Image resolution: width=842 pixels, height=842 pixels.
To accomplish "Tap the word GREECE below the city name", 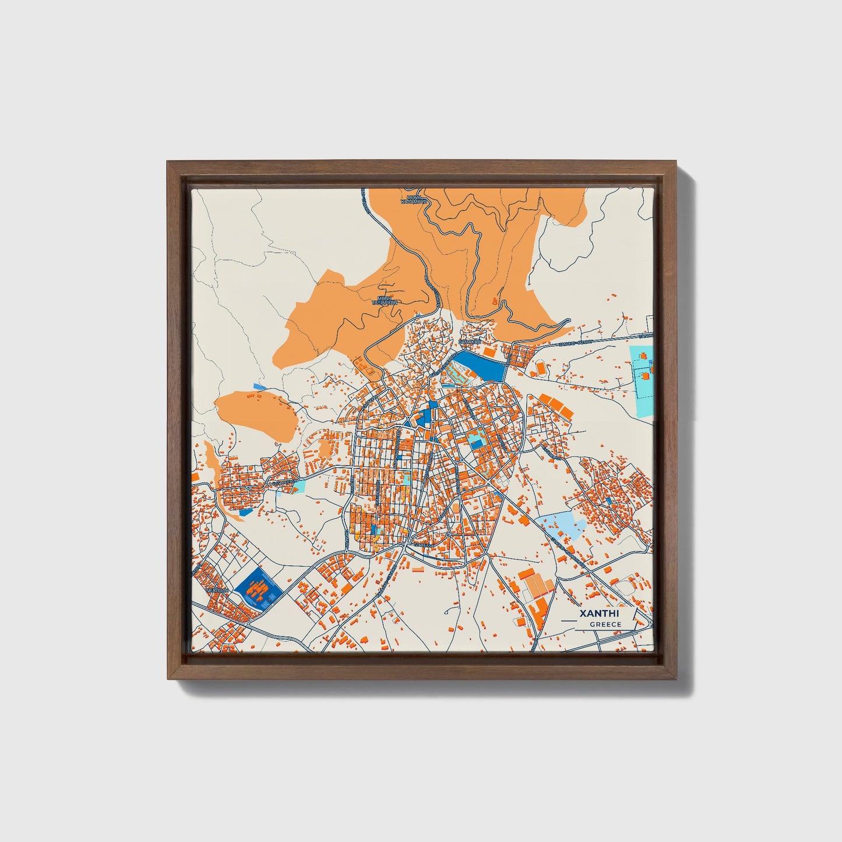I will [605, 625].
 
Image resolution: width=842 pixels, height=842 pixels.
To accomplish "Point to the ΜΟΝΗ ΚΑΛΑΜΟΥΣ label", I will [414, 199].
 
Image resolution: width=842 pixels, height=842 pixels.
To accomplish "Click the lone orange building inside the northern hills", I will [495, 301].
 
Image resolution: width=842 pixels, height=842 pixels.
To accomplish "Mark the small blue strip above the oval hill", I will [260, 386].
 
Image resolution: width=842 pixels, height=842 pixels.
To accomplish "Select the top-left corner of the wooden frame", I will [167, 161].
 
